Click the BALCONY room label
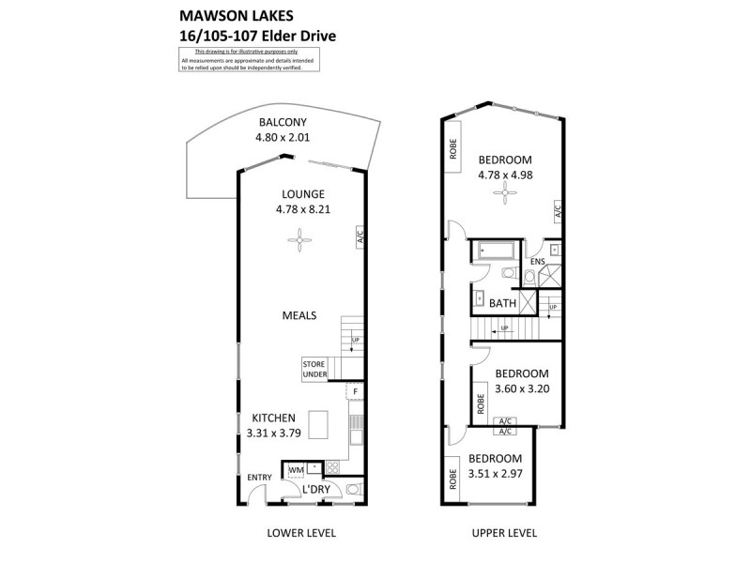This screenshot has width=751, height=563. pos(283,122)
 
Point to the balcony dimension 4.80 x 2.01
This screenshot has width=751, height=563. pos(283,137)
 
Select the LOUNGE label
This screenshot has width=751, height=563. pos(299,194)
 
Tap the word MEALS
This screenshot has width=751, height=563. pos(299,315)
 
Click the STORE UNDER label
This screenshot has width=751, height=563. pos(314,369)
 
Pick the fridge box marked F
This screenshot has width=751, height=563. pos(355,389)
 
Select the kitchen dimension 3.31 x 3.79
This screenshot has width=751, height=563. pos(272,433)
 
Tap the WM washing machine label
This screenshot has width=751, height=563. pos(296,469)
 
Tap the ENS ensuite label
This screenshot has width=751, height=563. pos(537,262)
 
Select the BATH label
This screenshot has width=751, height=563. pos(502,303)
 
